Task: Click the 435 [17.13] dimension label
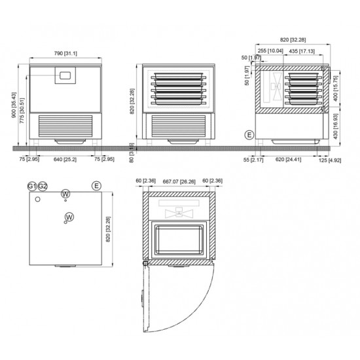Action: [x=302, y=50]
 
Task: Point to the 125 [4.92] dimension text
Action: [x=329, y=158]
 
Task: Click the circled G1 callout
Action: [x=31, y=187]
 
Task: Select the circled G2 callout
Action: [x=43, y=187]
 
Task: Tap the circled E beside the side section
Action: [x=248, y=135]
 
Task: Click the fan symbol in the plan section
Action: [x=178, y=211]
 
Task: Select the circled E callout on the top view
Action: [x=96, y=186]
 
